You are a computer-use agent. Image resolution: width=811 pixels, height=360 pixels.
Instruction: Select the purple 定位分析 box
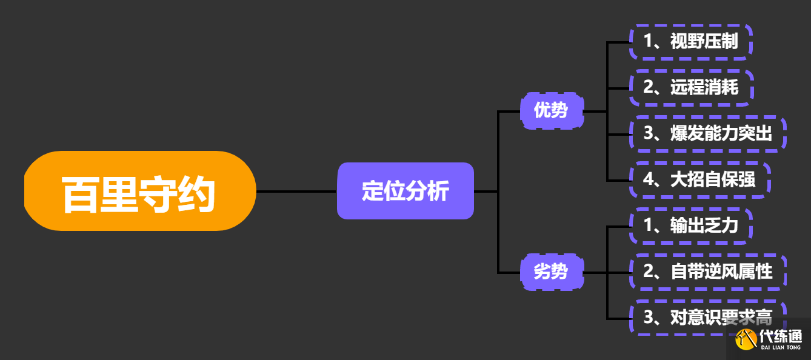point(405,191)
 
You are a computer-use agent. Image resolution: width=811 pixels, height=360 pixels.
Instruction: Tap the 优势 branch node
point(552,111)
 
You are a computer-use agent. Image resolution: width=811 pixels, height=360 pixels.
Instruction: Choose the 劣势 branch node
point(552,272)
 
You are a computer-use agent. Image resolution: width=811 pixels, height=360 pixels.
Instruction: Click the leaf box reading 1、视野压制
point(691,42)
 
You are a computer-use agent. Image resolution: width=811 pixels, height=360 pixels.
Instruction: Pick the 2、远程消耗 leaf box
point(691,87)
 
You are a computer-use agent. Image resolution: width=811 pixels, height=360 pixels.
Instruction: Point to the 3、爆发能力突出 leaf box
point(708,133)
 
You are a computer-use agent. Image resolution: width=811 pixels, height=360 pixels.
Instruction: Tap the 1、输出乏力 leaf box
point(691,226)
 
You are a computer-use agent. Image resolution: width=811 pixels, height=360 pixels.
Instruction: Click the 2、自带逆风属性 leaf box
point(708,272)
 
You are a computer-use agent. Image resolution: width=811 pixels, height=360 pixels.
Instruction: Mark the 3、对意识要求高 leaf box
point(708,317)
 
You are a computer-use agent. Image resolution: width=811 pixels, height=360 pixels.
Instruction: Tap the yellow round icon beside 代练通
point(746,339)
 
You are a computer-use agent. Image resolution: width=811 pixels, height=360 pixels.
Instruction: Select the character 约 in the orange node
point(197,195)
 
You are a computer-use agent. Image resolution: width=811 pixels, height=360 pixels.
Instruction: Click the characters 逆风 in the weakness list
point(723,272)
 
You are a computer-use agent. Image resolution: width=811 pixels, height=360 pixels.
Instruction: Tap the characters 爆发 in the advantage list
point(687,133)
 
